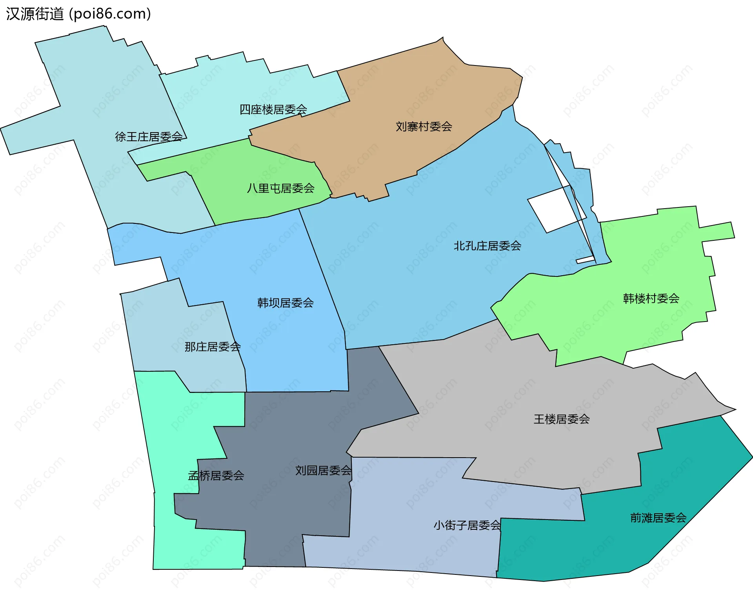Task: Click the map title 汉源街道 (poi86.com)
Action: [x=78, y=14]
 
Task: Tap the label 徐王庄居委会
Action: [x=149, y=137]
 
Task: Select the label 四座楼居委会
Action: [x=273, y=109]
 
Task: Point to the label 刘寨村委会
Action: [x=424, y=127]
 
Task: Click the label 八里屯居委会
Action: [x=280, y=189]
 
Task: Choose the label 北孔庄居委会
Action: [x=487, y=246]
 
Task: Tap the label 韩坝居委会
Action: [x=285, y=303]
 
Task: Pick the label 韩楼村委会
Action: [x=651, y=298]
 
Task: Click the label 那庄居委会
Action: [x=212, y=347]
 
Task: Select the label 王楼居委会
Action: [x=562, y=419]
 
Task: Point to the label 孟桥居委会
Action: [x=216, y=476]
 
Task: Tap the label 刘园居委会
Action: [x=323, y=471]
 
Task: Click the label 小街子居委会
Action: [x=467, y=525]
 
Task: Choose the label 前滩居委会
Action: [x=658, y=518]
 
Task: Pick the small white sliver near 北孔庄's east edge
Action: [x=585, y=260]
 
